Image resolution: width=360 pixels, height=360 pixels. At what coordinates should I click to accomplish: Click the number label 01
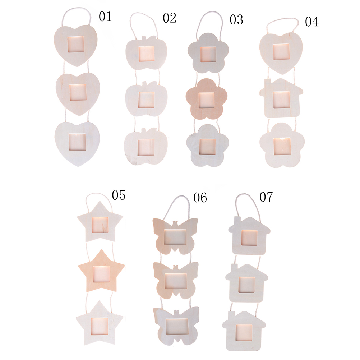tap(105, 17)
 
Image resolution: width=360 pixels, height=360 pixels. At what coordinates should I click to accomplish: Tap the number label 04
tap(311, 22)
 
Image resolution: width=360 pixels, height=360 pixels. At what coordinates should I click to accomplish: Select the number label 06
tap(200, 198)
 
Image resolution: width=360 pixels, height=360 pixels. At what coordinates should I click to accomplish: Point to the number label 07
tap(266, 197)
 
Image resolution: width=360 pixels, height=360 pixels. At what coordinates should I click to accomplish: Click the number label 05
tap(119, 195)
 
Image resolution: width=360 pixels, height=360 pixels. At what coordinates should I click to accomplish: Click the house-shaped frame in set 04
tap(281, 98)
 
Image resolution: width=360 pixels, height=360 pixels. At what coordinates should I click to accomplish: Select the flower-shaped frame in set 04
tap(282, 145)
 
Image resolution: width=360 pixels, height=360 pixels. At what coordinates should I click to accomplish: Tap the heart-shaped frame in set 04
tap(281, 53)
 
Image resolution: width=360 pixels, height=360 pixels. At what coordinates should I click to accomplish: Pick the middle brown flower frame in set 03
tap(206, 99)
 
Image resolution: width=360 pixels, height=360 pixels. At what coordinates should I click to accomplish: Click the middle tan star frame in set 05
tap(101, 272)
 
